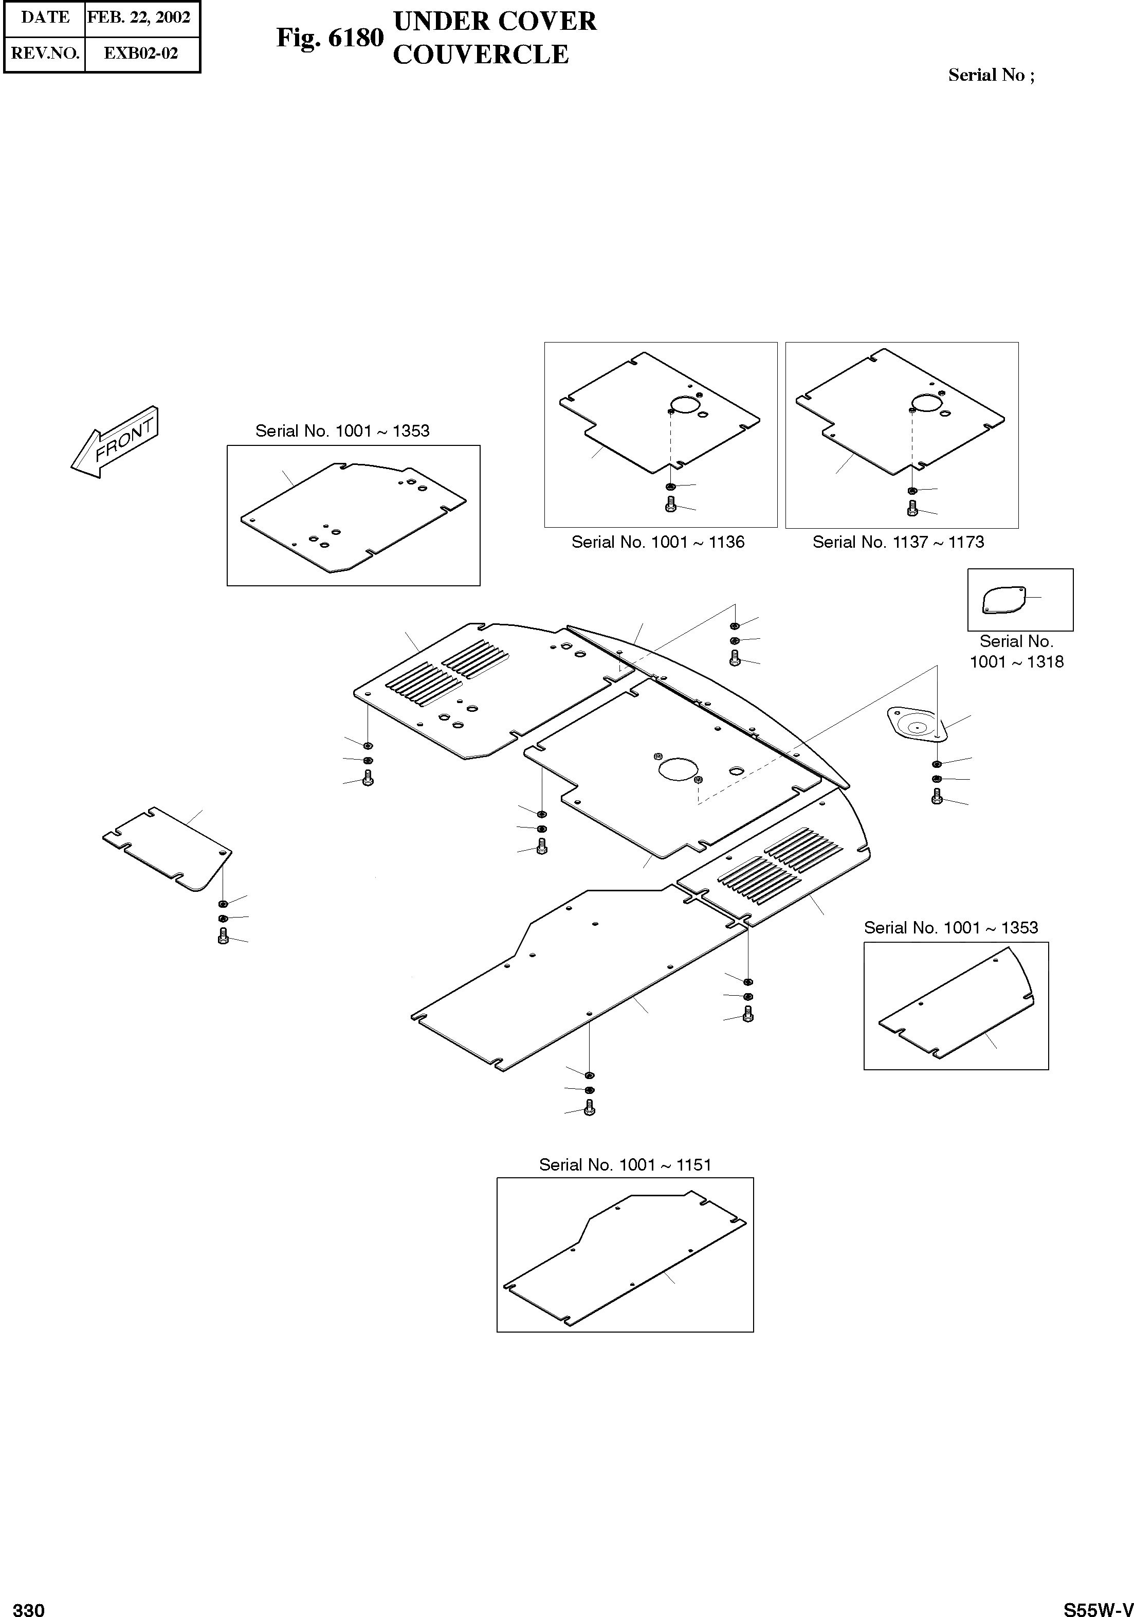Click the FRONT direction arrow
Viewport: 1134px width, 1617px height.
pos(115,442)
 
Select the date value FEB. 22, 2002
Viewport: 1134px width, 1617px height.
pos(139,17)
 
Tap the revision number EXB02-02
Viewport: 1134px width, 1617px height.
pos(141,53)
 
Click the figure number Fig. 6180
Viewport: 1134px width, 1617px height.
pos(330,38)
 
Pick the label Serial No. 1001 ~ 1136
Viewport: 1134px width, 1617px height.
pos(657,542)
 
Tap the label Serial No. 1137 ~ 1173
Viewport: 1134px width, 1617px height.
pos(898,542)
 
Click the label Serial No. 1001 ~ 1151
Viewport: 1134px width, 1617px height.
pos(625,1165)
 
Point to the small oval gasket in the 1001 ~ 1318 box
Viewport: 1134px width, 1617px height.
pos(1003,600)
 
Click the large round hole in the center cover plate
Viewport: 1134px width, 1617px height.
pos(678,769)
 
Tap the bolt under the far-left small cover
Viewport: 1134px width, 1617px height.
pos(223,937)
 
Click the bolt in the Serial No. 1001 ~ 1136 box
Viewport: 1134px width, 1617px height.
pos(670,504)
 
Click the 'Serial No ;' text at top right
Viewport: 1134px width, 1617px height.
pos(991,76)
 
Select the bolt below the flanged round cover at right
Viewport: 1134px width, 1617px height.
pos(936,797)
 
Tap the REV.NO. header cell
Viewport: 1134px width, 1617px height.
pos(45,53)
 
